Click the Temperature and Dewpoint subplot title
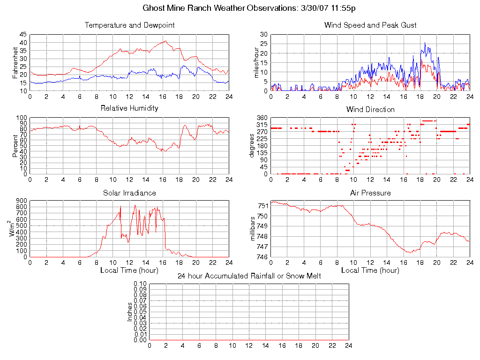click(129, 25)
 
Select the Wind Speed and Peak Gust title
click(370, 25)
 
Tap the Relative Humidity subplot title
click(129, 108)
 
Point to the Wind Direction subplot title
click(370, 110)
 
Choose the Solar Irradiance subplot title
click(129, 193)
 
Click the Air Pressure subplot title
click(370, 193)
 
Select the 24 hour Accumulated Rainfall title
click(249, 276)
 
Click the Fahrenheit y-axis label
click(15, 63)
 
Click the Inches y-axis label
click(130, 312)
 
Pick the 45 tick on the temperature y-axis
click(23, 35)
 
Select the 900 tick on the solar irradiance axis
click(22, 201)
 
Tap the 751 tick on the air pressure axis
click(262, 206)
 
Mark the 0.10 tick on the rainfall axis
click(140, 284)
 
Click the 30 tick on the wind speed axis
click(263, 35)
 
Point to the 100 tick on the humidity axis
click(22, 118)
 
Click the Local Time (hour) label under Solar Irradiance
click(129, 270)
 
